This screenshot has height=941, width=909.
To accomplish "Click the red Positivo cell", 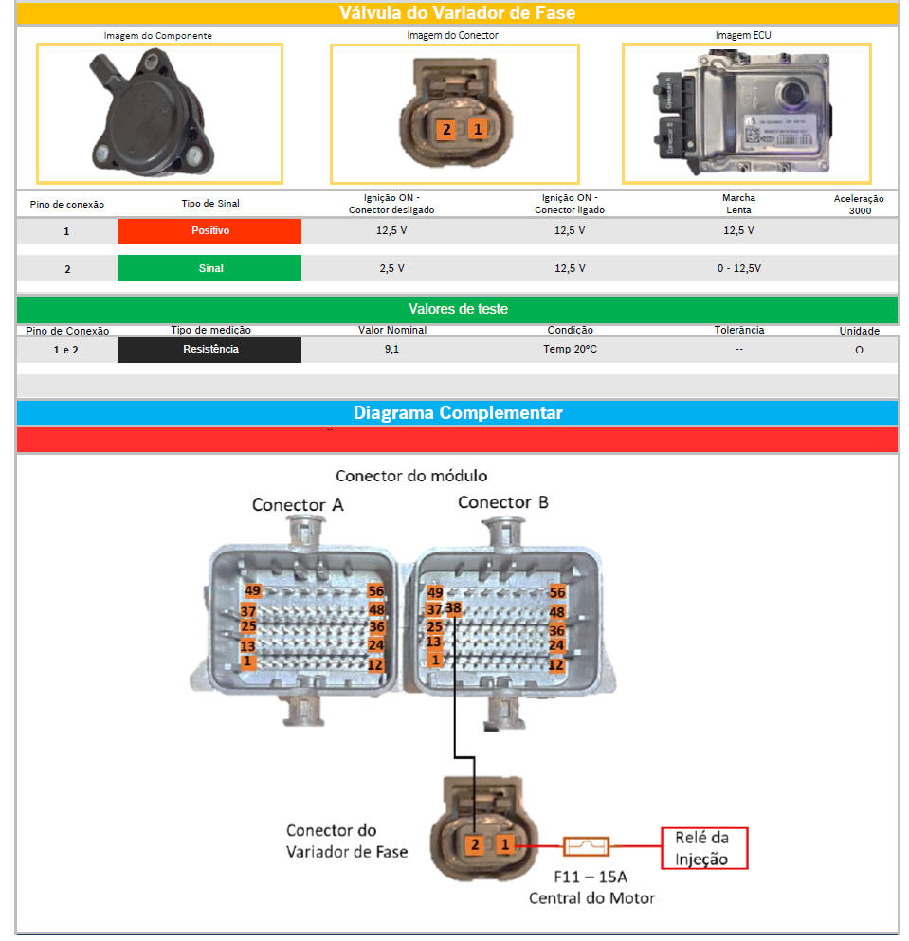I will coord(209,230).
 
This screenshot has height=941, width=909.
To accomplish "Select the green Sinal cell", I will coord(209,268).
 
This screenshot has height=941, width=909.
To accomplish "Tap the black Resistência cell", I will coord(209,349).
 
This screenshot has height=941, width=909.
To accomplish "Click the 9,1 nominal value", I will coord(391,349).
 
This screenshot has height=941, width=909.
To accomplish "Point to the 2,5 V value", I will coord(391,268).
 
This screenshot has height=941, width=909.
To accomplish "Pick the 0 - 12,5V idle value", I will coord(738,268).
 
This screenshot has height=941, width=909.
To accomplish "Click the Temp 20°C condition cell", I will coord(570,349).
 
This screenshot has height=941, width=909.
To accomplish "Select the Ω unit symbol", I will coord(859,350).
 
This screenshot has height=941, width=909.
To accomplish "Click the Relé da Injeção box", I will coord(703,848).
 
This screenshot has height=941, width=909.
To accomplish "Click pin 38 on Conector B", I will coord(453,607).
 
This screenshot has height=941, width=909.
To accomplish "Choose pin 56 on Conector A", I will coord(375,591).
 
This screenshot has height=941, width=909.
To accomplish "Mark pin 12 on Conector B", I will coord(556,664).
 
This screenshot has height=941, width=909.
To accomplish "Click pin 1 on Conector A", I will coord(247,661).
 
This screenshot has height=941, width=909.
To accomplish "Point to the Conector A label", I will coord(298,504).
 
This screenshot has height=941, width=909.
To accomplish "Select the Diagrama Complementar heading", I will coord(457,413).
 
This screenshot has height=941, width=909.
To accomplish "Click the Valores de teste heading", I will coord(457,309).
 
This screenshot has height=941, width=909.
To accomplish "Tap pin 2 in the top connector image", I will coord(445,129).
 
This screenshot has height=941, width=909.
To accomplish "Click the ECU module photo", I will coord(745,113).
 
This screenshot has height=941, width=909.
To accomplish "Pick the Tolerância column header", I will coord(738,330).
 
